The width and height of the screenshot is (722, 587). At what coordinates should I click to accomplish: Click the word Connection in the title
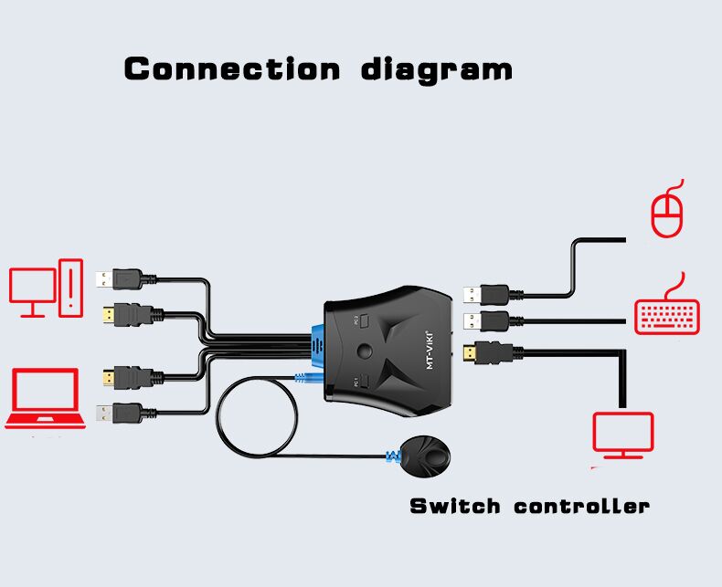click(232, 68)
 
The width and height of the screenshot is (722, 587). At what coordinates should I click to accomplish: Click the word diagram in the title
click(436, 69)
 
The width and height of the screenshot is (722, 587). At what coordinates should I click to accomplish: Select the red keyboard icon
click(667, 315)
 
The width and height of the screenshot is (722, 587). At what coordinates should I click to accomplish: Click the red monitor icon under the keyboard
click(623, 435)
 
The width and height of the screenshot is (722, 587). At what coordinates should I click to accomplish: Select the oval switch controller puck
click(425, 453)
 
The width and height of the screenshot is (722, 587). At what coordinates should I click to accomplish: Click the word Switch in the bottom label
click(454, 506)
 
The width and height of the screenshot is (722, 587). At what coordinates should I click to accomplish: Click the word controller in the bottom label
click(581, 506)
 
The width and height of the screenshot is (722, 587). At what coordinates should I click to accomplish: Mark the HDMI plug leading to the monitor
click(494, 351)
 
